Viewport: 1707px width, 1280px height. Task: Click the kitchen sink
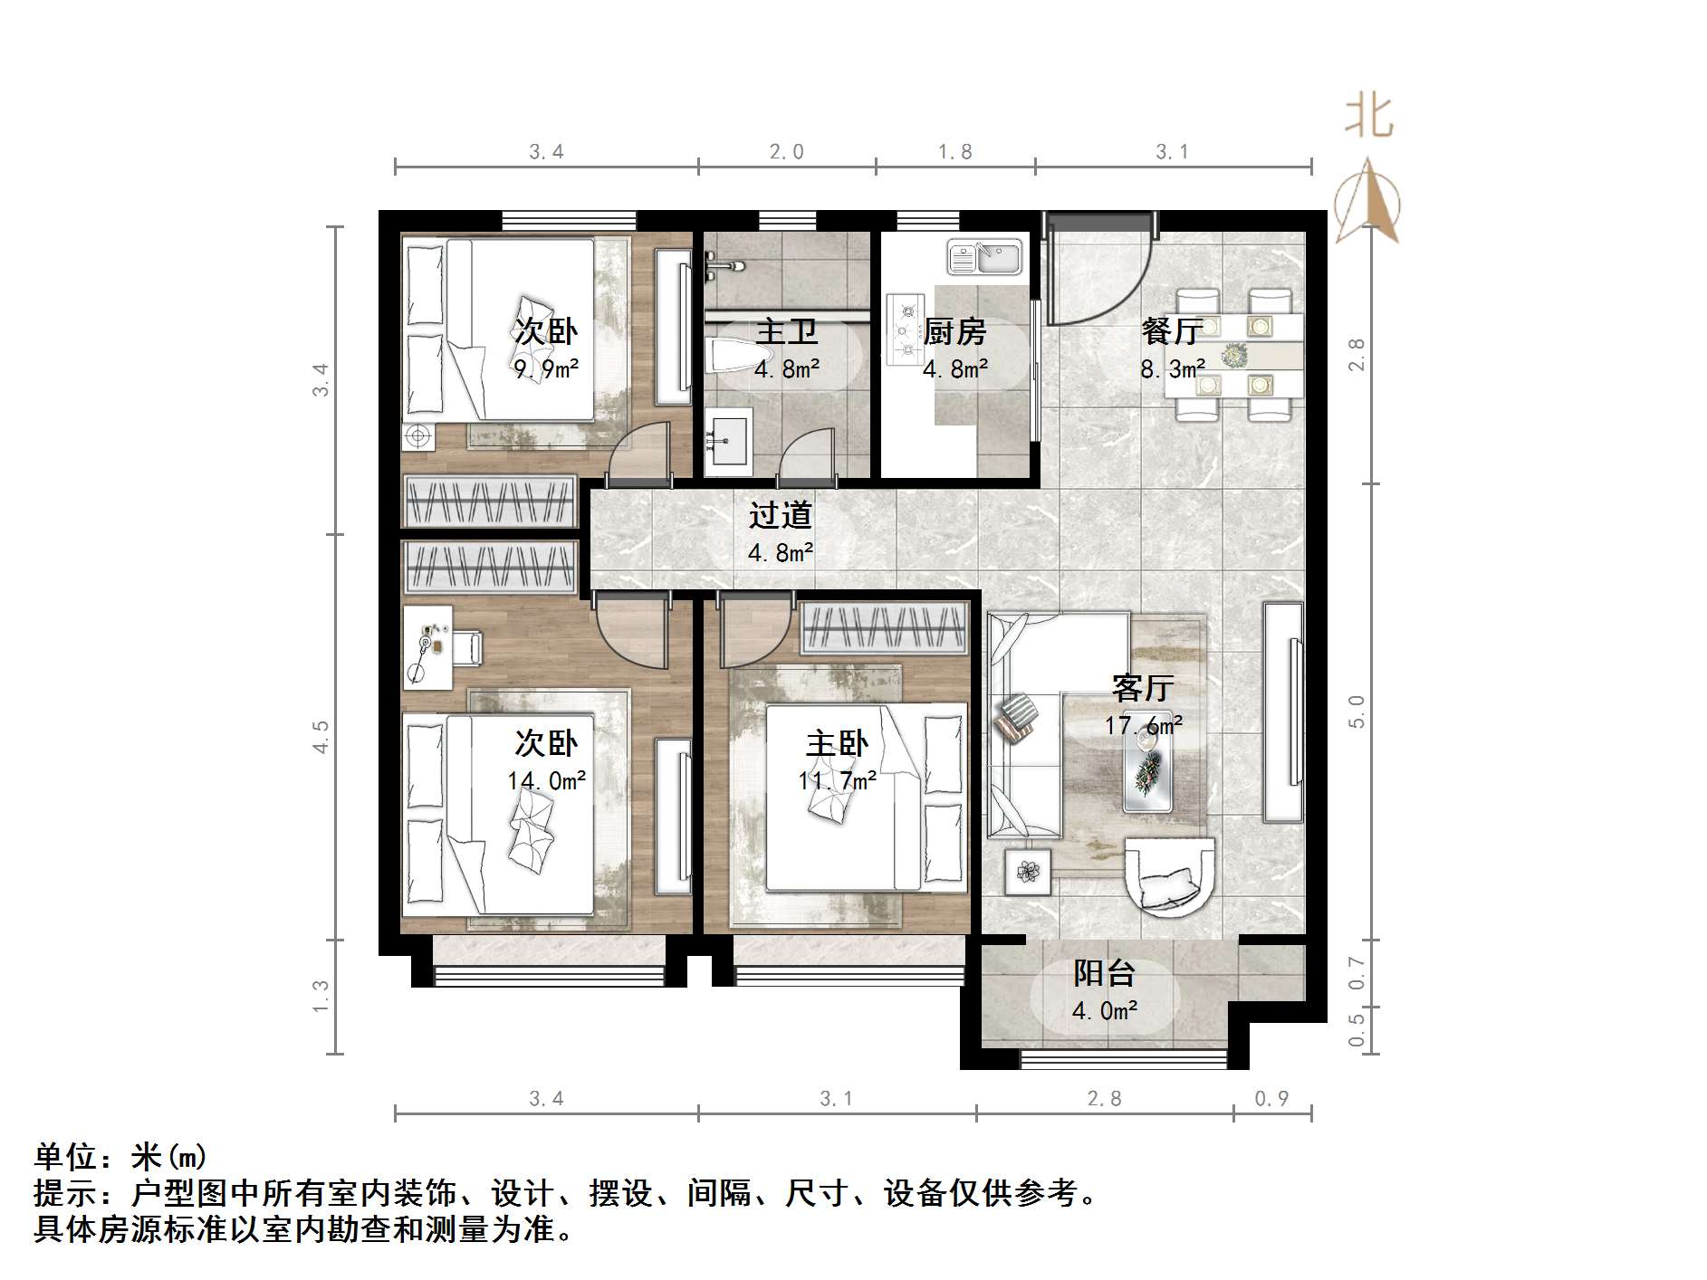point(984,257)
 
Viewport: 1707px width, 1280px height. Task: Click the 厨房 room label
point(954,332)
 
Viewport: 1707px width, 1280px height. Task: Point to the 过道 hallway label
point(780,515)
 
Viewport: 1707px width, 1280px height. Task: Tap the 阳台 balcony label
point(1104,973)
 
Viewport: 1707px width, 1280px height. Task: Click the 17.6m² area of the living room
point(1143,725)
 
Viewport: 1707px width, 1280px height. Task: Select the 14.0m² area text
point(546,779)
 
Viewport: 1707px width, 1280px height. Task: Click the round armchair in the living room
point(1168,874)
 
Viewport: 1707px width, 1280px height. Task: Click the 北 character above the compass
point(1368,118)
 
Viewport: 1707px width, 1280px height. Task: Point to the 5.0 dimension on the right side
point(1356,712)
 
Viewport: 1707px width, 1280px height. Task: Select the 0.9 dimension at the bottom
point(1271,1099)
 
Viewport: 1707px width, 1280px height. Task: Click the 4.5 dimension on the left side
point(321,737)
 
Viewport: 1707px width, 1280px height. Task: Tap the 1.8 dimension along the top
point(954,152)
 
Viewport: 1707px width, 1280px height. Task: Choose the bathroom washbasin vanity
point(728,441)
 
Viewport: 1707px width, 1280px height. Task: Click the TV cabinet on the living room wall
point(1283,712)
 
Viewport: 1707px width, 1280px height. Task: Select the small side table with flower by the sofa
point(1028,872)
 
